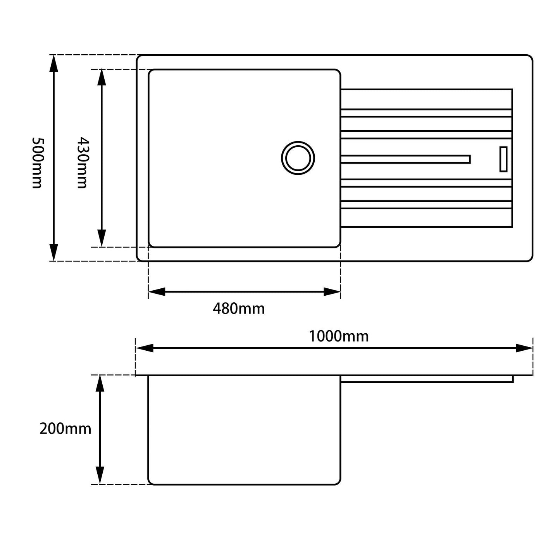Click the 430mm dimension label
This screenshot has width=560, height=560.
click(x=82, y=163)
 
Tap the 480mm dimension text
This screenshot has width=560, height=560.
click(x=239, y=309)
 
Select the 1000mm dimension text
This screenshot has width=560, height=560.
click(x=338, y=336)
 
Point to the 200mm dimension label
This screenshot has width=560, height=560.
click(x=65, y=429)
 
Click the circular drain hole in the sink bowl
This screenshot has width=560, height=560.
click(x=298, y=158)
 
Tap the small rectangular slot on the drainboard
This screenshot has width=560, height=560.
click(x=503, y=159)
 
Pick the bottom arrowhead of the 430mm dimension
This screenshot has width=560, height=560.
click(x=102, y=238)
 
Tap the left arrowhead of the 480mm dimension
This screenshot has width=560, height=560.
click(x=157, y=292)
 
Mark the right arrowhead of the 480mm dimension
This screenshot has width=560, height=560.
click(x=332, y=292)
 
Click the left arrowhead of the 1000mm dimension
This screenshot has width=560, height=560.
click(x=145, y=348)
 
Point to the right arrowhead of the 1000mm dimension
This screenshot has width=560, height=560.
click(x=524, y=348)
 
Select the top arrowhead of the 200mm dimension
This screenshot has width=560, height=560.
click(x=100, y=384)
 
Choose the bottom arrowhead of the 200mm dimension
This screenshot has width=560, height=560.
click(x=100, y=476)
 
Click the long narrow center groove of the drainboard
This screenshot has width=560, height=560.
click(x=405, y=159)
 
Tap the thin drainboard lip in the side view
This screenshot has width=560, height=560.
click(x=426, y=379)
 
